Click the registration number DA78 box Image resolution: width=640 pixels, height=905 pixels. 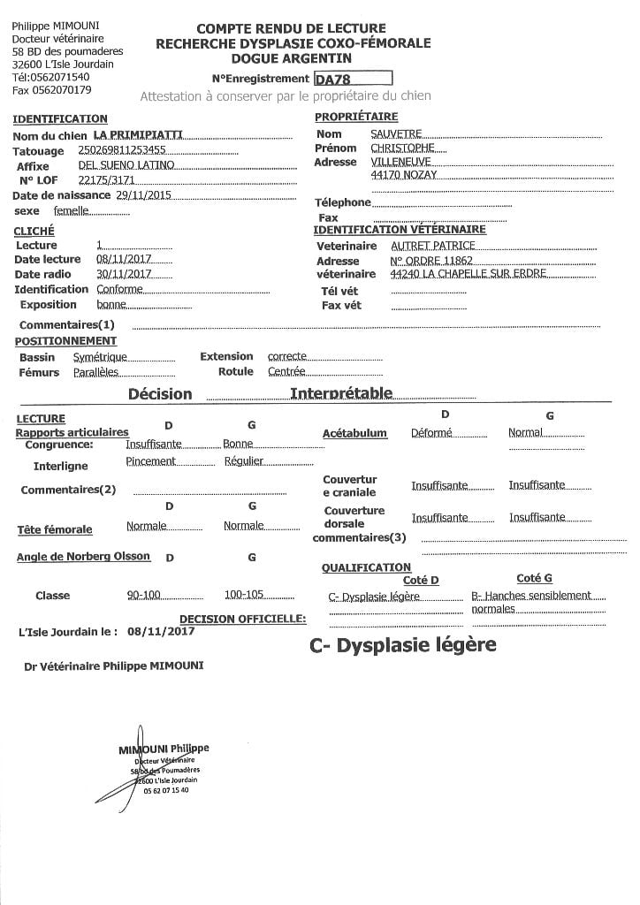[x=353, y=78]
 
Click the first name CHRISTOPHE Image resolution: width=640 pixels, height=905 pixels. [x=403, y=148]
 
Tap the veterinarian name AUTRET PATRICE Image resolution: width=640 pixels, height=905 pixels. [x=433, y=246]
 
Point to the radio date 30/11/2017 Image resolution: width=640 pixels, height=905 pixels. [x=124, y=274]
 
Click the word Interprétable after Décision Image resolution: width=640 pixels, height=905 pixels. [x=341, y=393]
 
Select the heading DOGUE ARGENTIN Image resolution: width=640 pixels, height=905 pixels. [x=291, y=57]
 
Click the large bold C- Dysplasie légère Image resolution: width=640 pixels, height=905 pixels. [x=402, y=645]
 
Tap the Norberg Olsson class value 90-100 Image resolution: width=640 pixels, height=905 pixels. [x=144, y=595]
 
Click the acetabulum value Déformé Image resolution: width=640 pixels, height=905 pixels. [x=431, y=433]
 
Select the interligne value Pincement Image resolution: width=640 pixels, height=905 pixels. [x=151, y=461]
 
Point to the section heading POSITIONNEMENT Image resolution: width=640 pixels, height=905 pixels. [x=65, y=341]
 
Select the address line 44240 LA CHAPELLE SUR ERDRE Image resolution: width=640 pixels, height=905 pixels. [x=469, y=274]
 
